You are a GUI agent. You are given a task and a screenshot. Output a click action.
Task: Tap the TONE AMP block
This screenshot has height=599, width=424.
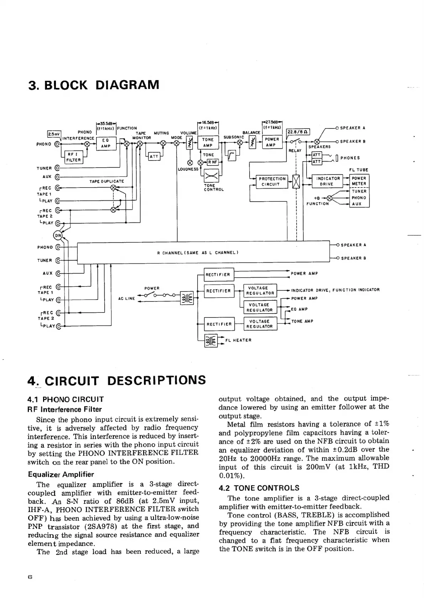click(208, 142)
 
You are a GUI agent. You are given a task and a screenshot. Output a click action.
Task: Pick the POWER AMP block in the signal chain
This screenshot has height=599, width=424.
click(272, 142)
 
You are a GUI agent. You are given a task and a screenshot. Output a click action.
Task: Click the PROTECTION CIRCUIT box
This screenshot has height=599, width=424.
click(272, 182)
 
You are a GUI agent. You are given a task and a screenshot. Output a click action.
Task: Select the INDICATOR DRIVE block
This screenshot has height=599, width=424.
click(327, 181)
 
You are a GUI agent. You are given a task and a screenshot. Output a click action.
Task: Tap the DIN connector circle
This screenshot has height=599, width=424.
click(57, 235)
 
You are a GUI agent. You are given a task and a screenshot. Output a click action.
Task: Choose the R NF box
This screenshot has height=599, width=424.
click(213, 162)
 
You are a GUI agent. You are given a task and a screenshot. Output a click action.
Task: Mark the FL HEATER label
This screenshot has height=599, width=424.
click(239, 340)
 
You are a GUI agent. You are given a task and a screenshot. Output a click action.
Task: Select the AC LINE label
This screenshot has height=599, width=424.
click(126, 298)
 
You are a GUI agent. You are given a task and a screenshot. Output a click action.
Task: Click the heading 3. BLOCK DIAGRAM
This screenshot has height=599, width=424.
click(94, 85)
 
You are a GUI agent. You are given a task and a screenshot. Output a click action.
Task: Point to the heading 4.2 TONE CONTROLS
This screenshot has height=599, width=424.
click(259, 488)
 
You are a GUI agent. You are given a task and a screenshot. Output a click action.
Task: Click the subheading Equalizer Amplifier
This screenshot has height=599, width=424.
click(61, 474)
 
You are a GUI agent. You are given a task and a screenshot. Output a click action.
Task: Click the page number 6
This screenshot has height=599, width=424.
click(30, 578)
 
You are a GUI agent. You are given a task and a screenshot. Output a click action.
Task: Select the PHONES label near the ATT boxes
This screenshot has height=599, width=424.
click(350, 158)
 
